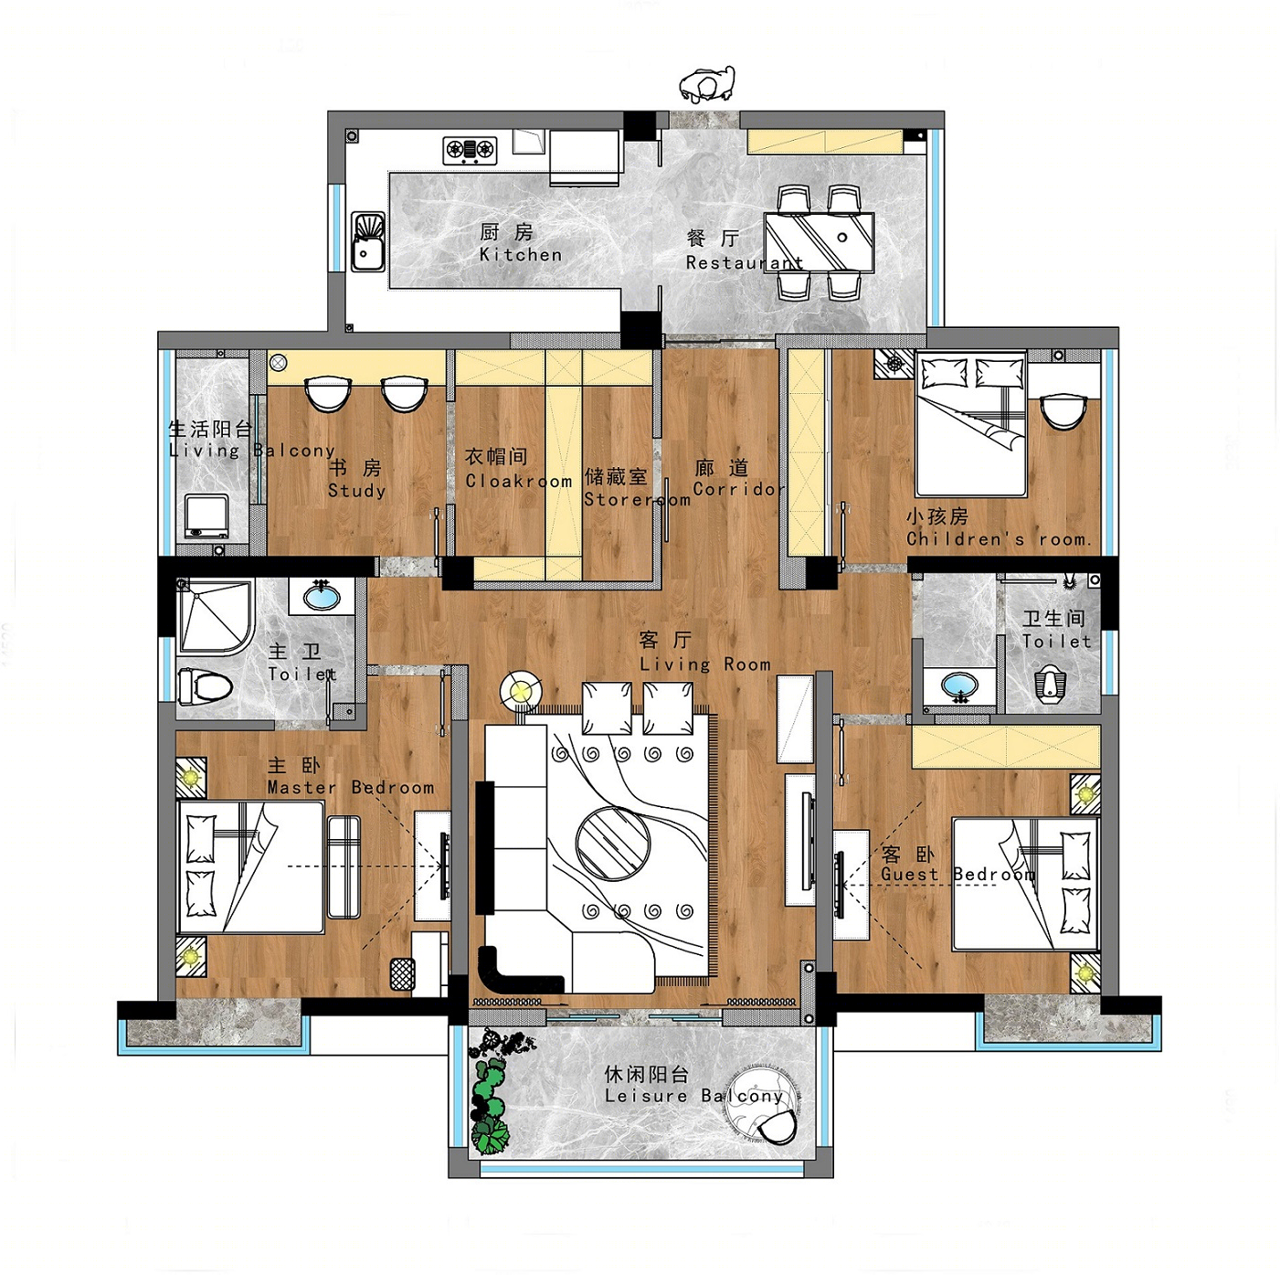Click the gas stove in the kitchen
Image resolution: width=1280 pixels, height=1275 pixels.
470,150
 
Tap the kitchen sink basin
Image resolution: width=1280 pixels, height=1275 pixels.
367,242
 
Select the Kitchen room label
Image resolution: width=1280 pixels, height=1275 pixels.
521,243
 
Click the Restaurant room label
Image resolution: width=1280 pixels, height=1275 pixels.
744,250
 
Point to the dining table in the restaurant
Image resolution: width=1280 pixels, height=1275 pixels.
819,242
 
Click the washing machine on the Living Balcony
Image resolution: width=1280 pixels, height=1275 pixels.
206,517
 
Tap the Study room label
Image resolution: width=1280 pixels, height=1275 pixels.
356,479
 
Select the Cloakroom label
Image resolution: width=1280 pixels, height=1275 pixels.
518,469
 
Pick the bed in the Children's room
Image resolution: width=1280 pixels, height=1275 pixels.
970,424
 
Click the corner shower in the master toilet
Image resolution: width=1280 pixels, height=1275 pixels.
216,618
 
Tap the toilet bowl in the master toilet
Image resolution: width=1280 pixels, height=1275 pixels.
205,685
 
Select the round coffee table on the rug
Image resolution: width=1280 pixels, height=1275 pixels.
612,843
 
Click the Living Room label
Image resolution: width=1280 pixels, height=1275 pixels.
704,653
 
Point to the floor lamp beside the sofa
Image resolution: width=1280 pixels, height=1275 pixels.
521,692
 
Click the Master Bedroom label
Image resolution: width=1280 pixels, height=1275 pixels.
351,777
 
